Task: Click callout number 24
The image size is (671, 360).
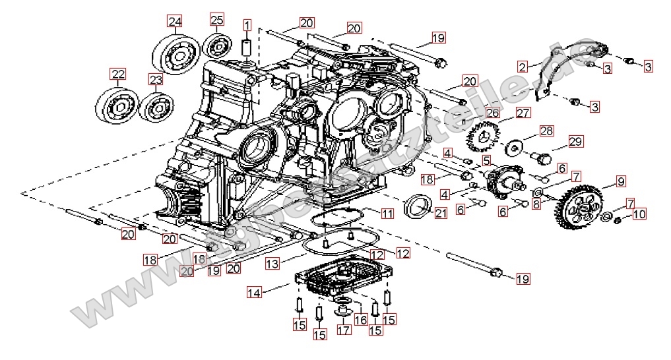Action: tap(174, 22)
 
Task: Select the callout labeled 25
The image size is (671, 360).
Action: tap(217, 18)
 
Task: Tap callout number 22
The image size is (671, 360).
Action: tap(117, 74)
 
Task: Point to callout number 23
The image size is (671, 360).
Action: tap(155, 80)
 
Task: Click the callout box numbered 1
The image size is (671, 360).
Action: tap(247, 26)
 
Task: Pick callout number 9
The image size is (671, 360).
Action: tap(621, 181)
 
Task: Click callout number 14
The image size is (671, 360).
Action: tap(255, 291)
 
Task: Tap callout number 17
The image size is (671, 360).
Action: tap(344, 330)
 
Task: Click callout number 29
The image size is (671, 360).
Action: tap(576, 141)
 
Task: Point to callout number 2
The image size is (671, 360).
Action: tap(523, 67)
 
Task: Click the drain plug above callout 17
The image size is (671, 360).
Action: tap(343, 310)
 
